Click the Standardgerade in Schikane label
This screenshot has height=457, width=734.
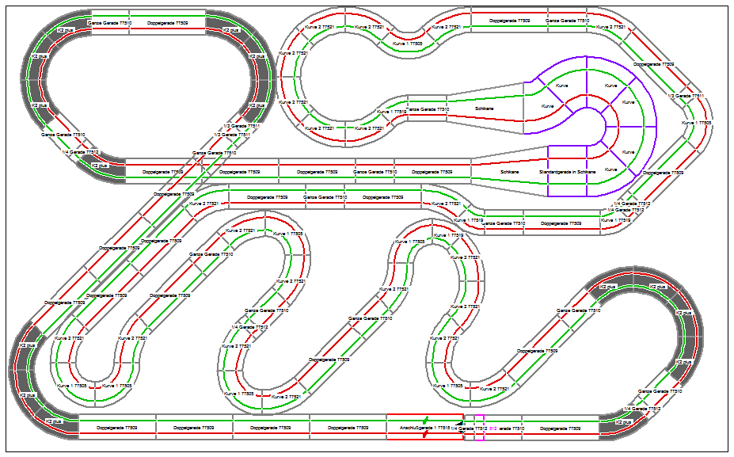(x=567, y=172)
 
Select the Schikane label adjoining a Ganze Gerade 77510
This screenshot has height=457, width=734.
(x=484, y=109)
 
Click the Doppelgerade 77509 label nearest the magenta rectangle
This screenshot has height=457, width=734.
(x=558, y=428)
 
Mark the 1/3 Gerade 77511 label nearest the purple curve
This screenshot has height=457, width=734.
(x=686, y=96)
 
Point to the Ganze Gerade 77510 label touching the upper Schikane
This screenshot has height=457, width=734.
(x=428, y=109)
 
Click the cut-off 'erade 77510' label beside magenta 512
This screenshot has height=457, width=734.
(x=513, y=428)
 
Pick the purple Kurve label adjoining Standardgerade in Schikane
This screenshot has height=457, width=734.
(x=610, y=169)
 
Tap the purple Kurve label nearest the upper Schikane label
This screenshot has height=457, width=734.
(x=547, y=105)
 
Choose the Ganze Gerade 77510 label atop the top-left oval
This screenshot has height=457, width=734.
(x=108, y=24)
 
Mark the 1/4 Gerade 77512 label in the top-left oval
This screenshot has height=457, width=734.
(x=81, y=152)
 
